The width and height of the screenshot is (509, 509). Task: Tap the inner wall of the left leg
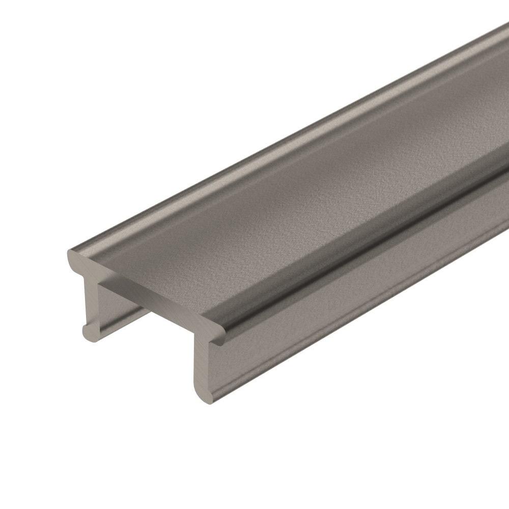pos(115,305)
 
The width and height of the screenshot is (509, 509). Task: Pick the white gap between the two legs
pos(153,346)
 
